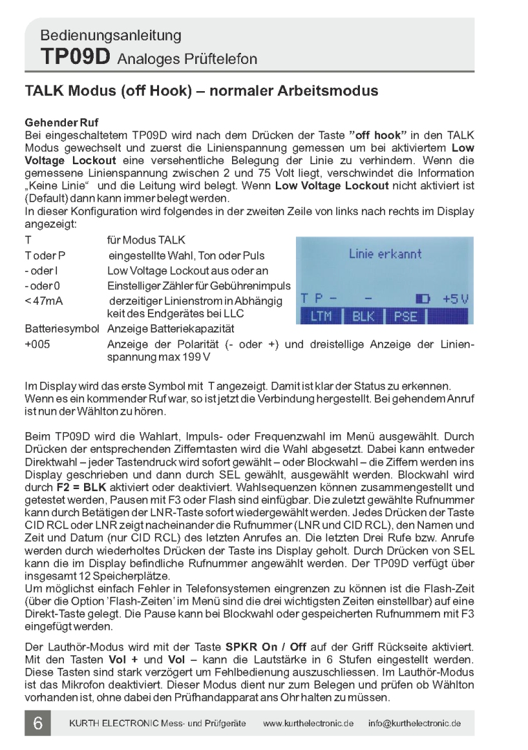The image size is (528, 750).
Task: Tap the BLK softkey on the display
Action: coord(363,317)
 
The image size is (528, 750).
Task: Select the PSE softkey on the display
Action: coord(404,317)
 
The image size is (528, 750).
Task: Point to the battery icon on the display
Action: coord(422,298)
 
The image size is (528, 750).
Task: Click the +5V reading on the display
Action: coord(456,298)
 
